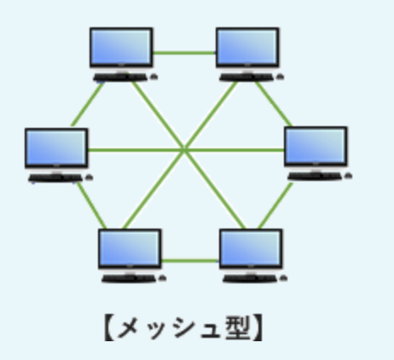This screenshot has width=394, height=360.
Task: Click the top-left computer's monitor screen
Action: pyautogui.click(x=121, y=47)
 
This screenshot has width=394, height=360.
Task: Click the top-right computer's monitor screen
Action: pyautogui.click(x=247, y=47)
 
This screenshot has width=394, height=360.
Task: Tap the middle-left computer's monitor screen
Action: pyautogui.click(x=56, y=148)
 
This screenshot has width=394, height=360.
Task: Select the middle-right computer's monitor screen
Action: pyautogui.click(x=316, y=146)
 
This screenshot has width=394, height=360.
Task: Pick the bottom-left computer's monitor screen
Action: pyautogui.click(x=130, y=248)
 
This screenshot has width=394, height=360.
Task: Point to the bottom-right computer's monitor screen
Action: pyautogui.click(x=251, y=248)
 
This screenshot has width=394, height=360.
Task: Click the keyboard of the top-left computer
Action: pyautogui.click(x=120, y=78)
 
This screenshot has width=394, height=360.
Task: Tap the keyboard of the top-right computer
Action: pyautogui.click(x=246, y=78)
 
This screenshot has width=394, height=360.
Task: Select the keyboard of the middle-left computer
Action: pyautogui.click(x=55, y=177)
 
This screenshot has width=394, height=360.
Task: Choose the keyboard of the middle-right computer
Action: pyautogui.click(x=315, y=177)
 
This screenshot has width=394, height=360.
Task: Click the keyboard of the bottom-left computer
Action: pyautogui.click(x=129, y=278)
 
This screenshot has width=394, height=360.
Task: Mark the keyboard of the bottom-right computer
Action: pyautogui.click(x=250, y=278)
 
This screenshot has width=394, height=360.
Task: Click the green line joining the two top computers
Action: pyautogui.click(x=184, y=53)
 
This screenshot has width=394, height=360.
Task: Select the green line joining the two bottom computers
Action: pyautogui.click(x=190, y=260)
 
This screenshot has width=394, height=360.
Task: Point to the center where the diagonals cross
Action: pyautogui.click(x=184, y=149)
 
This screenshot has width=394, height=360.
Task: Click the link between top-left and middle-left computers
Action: pyautogui.click(x=88, y=104)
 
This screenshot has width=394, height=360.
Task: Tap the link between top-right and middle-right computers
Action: pyautogui.click(x=274, y=104)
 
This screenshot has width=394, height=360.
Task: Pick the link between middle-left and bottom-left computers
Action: pyautogui.click(x=91, y=206)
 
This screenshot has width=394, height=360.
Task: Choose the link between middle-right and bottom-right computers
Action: pyautogui.click(x=275, y=206)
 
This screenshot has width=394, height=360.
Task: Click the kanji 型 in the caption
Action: pyautogui.click(x=238, y=328)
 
